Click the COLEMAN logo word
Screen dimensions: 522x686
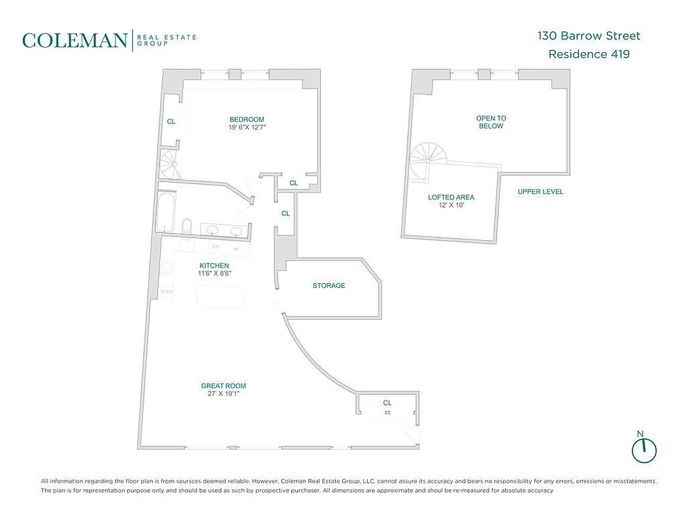75,40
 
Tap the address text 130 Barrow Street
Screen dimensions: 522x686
589,36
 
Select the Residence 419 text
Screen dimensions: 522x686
589,54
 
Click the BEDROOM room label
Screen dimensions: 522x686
247,119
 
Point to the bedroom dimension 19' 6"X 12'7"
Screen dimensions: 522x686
247,127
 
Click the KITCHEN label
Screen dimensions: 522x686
214,266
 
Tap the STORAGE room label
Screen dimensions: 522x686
329,286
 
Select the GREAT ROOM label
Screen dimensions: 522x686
223,386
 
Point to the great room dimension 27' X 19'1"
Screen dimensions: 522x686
223,394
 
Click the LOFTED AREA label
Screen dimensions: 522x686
451,197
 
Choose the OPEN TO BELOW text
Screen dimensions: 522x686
491,122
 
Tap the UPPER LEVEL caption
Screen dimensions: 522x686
540,192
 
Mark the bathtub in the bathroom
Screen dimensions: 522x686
167,211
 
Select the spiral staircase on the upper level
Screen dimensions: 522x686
427,160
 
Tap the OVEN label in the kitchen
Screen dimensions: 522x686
167,292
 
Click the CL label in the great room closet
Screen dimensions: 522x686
387,403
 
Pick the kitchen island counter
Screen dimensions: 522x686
222,298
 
